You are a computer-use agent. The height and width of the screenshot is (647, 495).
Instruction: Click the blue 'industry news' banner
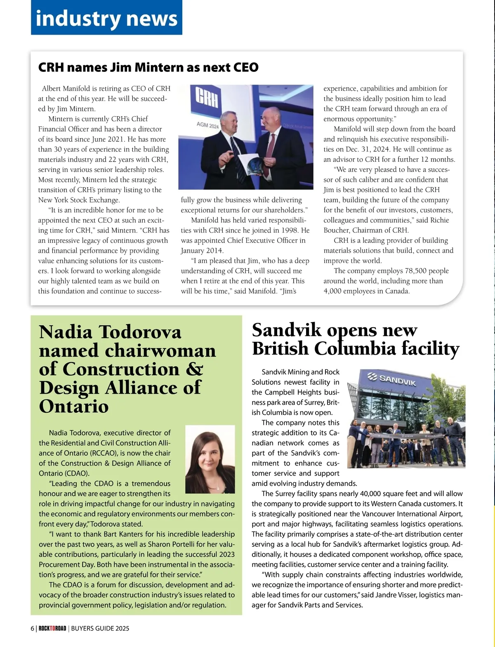pos(106,18)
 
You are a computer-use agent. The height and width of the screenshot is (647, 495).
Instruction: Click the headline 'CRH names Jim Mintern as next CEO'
pos(148,67)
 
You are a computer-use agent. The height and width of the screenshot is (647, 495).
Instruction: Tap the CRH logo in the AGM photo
pos(207,98)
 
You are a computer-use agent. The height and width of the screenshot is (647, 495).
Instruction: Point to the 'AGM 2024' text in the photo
pos(208,125)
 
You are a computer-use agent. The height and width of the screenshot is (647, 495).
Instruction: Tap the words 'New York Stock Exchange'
pos(79,200)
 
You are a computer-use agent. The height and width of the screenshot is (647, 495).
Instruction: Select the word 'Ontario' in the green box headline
pos(74,406)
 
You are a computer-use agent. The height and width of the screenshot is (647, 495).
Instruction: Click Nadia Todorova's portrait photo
pos(210,459)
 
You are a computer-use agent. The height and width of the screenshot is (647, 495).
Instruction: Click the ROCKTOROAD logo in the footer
pos(52,628)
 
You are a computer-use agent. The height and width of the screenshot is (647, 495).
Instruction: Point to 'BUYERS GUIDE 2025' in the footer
pos(100,628)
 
